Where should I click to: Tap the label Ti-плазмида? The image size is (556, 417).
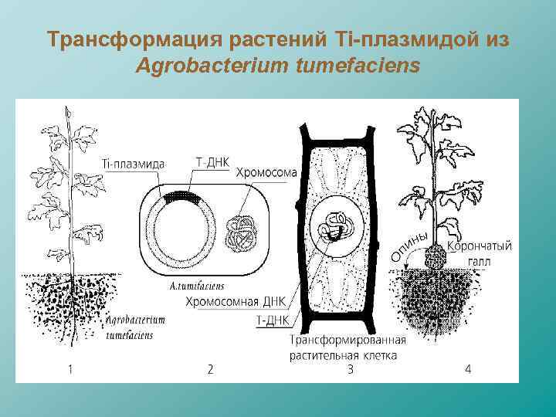pyautogui.click(x=131, y=164)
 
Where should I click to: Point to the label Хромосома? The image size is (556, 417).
pyautogui.click(x=266, y=172)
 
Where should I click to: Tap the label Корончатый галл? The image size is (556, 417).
pyautogui.click(x=480, y=253)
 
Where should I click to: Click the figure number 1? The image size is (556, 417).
pyautogui.click(x=70, y=369)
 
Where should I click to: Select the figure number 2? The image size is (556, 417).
pyautogui.click(x=210, y=369)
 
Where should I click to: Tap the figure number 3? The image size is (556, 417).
pyautogui.click(x=349, y=369)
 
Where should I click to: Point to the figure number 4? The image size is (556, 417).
pyautogui.click(x=467, y=369)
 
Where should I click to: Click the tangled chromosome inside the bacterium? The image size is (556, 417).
pyautogui.click(x=242, y=230)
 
